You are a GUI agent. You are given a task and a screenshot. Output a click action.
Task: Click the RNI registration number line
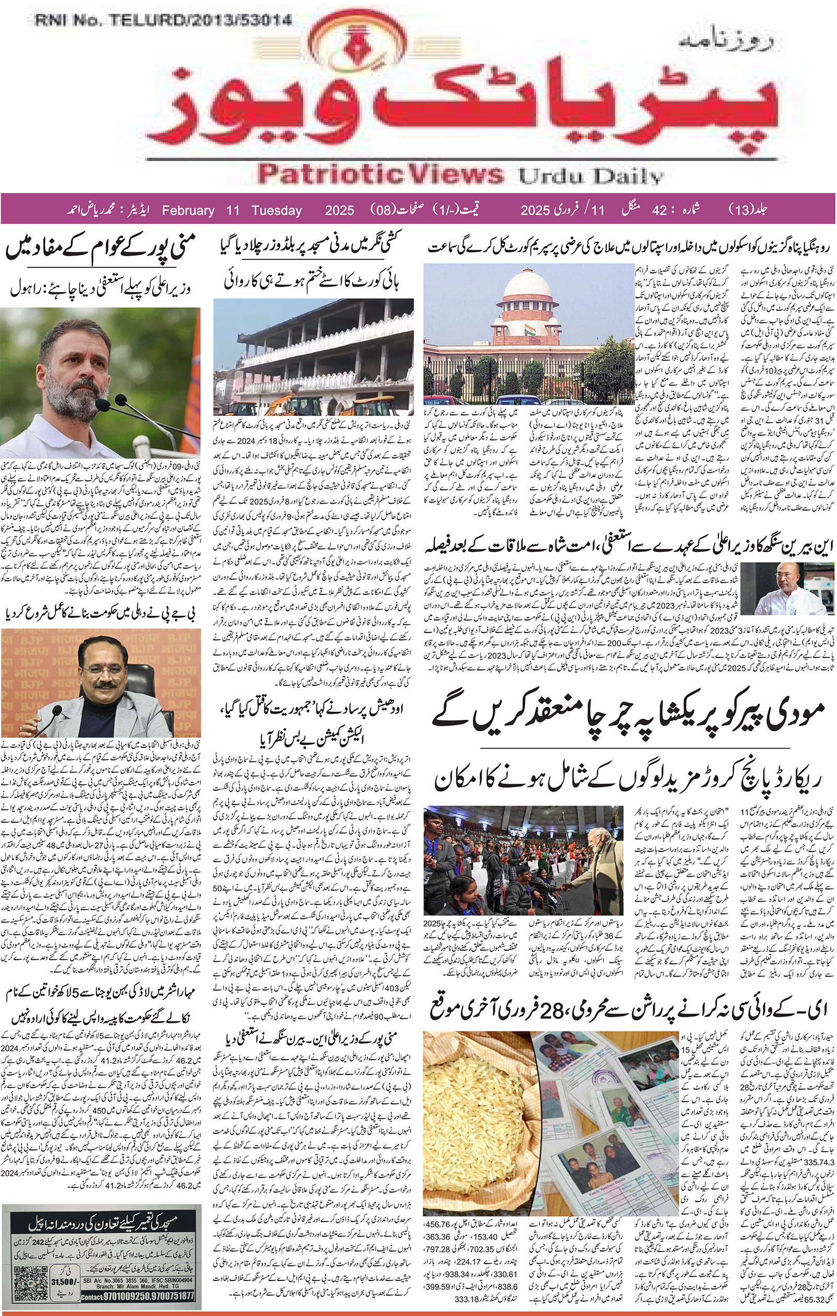point(162,21)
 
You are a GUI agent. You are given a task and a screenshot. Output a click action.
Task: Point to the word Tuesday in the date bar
point(277,210)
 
